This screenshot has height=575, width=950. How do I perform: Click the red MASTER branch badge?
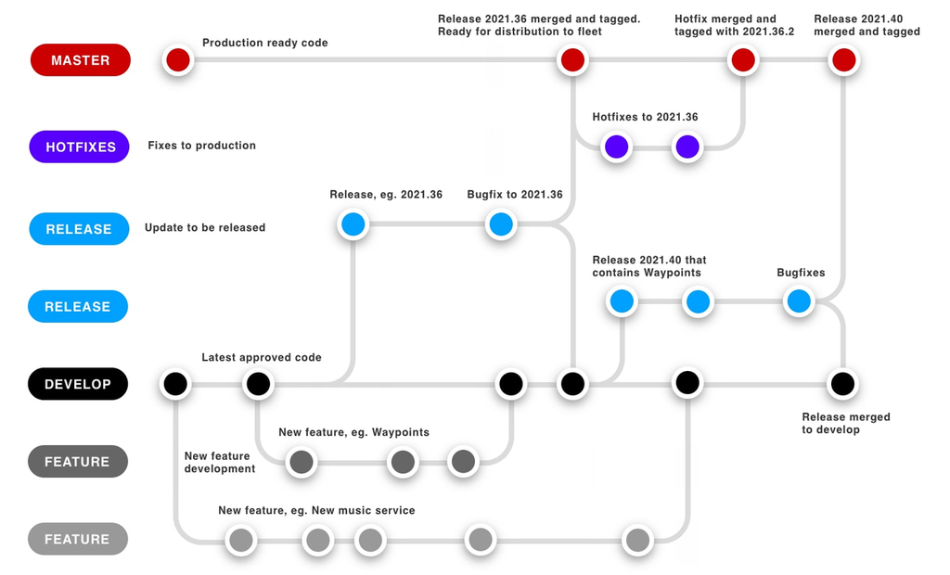click(x=80, y=60)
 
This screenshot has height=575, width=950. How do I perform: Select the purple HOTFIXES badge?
click(x=80, y=147)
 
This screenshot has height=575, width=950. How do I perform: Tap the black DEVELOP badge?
click(x=77, y=384)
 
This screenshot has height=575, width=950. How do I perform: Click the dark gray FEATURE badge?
click(x=77, y=462)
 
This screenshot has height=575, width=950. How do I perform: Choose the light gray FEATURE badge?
click(x=77, y=539)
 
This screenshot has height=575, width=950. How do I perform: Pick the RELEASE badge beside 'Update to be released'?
click(x=78, y=228)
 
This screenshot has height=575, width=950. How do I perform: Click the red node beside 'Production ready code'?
click(x=177, y=60)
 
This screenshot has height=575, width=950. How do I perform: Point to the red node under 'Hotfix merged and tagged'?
click(x=742, y=60)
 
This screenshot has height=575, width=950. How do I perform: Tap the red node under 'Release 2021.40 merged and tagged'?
click(x=843, y=60)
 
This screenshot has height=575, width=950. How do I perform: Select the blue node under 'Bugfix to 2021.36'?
click(x=501, y=224)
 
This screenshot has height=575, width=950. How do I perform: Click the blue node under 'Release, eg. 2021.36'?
click(x=353, y=224)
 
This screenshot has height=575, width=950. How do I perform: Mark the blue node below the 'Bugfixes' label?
click(x=799, y=301)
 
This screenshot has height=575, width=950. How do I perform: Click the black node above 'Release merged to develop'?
click(x=842, y=383)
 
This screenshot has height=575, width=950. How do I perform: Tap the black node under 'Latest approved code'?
click(x=258, y=383)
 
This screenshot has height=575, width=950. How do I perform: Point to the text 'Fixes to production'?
click(x=201, y=146)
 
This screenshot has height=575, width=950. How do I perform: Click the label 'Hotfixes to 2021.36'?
click(x=645, y=118)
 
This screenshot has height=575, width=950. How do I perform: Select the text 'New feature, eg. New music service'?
click(x=316, y=510)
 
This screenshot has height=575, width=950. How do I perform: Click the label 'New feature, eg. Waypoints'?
click(x=353, y=432)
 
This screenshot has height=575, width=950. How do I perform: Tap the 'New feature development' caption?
click(x=219, y=462)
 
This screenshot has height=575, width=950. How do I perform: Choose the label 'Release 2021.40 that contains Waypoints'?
click(x=649, y=266)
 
